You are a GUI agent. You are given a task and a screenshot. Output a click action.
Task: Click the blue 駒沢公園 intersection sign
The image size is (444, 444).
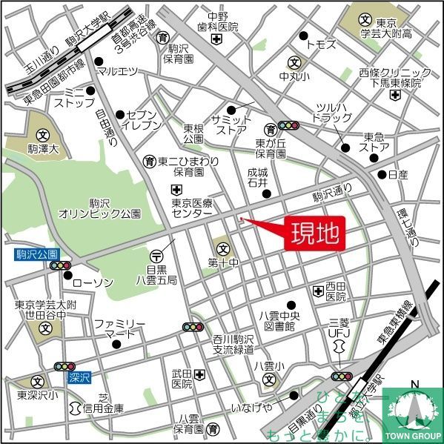[30, 254]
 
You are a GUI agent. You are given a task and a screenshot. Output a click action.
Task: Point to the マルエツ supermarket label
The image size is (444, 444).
[118, 72]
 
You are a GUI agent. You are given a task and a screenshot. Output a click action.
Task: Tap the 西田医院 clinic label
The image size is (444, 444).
[336, 291]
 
